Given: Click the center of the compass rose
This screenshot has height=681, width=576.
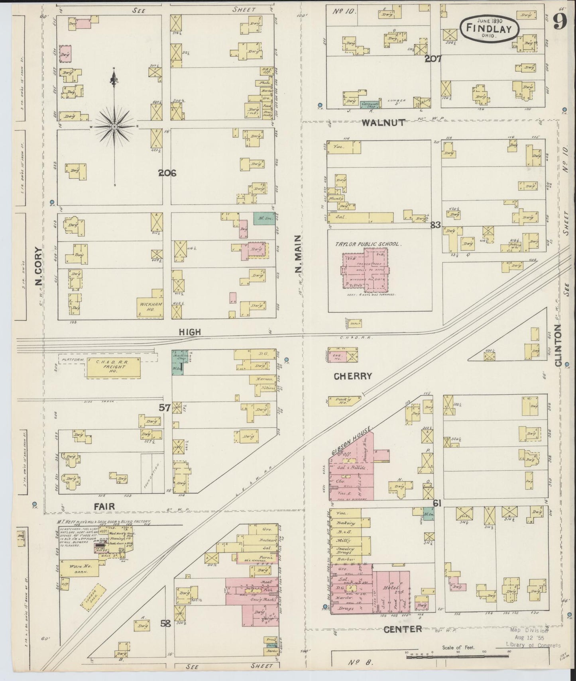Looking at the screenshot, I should point(114,127).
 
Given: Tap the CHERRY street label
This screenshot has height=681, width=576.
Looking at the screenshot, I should point(353,376).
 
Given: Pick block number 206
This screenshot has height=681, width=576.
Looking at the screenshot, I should point(167,173).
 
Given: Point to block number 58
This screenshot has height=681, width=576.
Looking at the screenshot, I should point(165,624).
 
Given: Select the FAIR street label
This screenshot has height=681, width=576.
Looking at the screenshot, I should point(104,506).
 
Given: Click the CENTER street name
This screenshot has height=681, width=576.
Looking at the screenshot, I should point(403,629).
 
